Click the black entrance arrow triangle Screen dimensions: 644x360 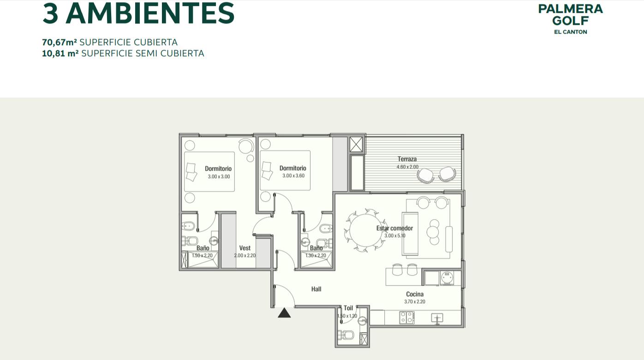tap(284, 313)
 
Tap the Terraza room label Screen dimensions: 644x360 tap(407, 159)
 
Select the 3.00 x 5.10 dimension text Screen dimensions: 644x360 tap(395, 235)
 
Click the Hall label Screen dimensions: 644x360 tap(316, 289)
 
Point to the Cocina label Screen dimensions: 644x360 tap(415, 294)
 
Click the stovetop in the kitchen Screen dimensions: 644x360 tap(407, 318)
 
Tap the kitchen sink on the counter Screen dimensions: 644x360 tap(437, 318)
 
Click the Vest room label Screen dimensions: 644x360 tap(245, 248)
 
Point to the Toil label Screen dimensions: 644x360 tap(348, 308)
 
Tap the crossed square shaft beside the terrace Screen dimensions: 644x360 tap(356, 144)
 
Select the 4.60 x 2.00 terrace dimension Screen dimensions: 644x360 tap(407, 167)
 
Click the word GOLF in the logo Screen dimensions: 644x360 tap(570, 21)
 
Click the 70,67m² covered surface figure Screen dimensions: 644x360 tap(60, 42)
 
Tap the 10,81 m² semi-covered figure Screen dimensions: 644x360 tap(60, 54)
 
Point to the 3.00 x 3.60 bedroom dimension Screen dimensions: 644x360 tap(293, 176)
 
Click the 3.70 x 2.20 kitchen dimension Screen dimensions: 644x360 tap(415, 302)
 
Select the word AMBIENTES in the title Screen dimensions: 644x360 tap(150, 13)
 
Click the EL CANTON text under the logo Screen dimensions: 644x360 tap(570, 32)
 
